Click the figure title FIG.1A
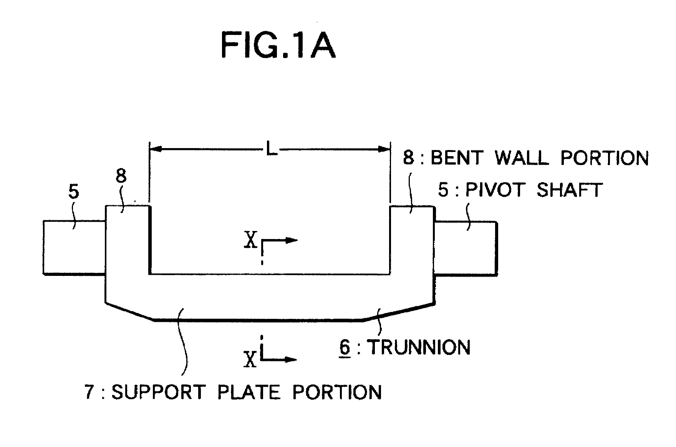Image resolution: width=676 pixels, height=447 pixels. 278,45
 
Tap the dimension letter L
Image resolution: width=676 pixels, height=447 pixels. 272,148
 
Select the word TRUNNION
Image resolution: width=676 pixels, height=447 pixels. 419,348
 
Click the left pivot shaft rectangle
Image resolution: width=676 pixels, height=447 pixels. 74,247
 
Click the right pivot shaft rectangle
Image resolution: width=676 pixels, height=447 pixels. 466,248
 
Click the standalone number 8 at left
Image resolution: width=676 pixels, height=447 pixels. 120,176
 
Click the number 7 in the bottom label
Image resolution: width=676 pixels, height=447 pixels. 89,393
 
